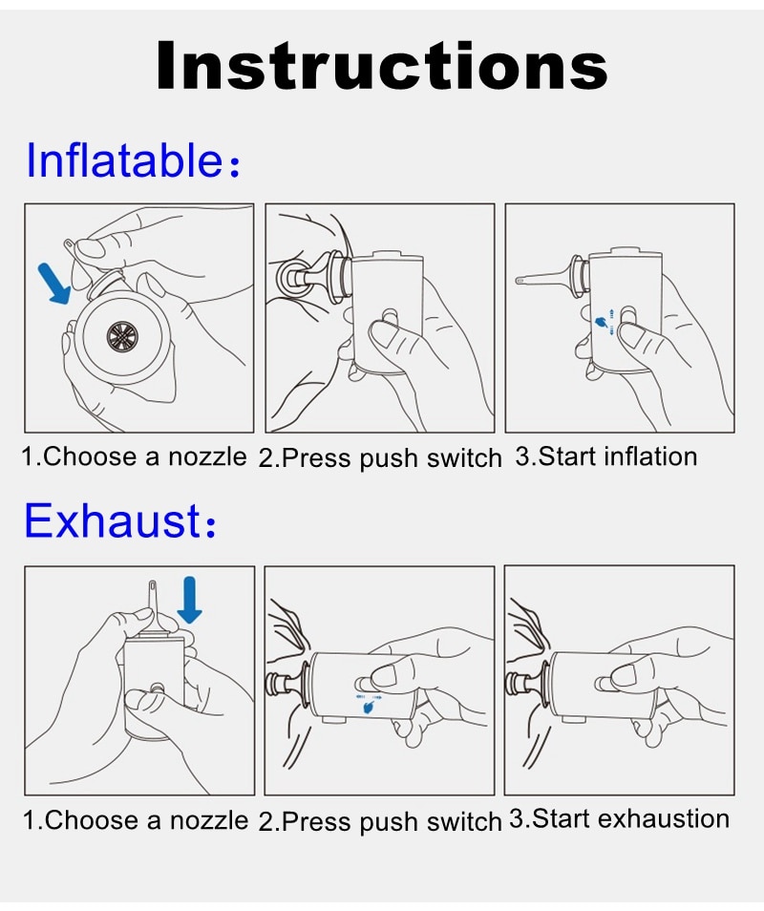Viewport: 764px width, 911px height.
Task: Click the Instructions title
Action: click(382, 65)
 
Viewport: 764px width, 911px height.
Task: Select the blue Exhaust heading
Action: click(119, 519)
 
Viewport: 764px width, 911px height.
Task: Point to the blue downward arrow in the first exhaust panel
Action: click(189, 600)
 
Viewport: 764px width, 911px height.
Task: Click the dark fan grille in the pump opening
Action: click(123, 336)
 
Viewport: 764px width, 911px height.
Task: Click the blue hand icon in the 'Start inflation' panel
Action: click(604, 322)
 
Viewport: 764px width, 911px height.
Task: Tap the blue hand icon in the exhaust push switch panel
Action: click(367, 707)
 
